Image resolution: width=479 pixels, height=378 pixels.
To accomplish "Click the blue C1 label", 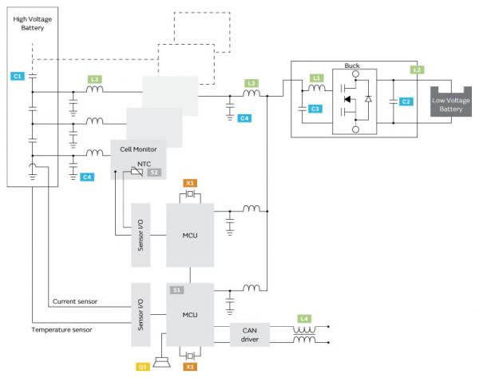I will [18, 75].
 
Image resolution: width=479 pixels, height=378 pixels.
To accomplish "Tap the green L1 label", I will [316, 78].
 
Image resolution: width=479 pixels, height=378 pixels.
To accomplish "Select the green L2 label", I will [417, 70].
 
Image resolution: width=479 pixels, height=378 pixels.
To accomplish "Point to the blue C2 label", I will [406, 101].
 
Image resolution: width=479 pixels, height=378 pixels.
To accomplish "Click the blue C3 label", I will [316, 108].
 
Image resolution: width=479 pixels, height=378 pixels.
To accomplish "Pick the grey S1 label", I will [176, 289].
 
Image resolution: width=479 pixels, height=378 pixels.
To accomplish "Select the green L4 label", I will [303, 320].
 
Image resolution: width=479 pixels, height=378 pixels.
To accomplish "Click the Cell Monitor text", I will [137, 149].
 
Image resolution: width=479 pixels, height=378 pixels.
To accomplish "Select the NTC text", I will [144, 163].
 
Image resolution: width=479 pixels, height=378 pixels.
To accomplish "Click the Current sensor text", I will [75, 302].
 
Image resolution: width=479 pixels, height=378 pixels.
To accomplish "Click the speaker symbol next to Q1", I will [164, 364].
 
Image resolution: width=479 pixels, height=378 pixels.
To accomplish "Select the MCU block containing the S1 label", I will [190, 315].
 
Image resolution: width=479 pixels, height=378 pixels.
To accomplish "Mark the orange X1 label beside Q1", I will [189, 366].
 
